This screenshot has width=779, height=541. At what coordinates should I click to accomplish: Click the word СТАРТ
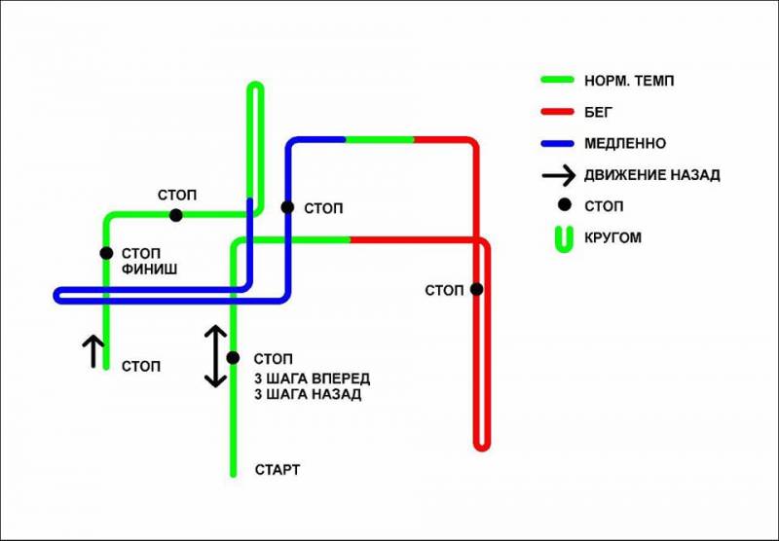(x=278, y=470)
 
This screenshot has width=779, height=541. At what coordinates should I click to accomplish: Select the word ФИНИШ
(x=149, y=270)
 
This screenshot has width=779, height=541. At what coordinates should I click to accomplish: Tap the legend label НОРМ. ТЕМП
(x=629, y=81)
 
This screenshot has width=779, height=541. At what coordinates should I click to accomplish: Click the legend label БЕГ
(x=598, y=112)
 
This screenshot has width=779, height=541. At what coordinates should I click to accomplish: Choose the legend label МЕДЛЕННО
(x=625, y=143)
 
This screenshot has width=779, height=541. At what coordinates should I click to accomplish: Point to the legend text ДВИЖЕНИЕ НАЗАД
(x=651, y=175)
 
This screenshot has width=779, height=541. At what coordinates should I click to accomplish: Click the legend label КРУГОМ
(x=612, y=237)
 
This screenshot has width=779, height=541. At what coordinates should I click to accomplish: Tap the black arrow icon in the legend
(x=558, y=175)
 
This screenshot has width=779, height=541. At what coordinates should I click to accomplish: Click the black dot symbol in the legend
(x=565, y=204)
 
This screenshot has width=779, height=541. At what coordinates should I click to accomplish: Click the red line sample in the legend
(x=557, y=112)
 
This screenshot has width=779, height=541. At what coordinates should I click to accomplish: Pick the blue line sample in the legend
(x=557, y=143)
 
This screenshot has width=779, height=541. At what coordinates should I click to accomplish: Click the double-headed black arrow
(x=216, y=356)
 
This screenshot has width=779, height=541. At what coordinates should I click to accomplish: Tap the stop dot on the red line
(x=476, y=289)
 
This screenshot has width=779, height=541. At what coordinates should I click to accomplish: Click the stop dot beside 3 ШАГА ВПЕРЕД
(x=233, y=357)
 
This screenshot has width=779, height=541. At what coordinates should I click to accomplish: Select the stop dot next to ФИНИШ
(x=106, y=253)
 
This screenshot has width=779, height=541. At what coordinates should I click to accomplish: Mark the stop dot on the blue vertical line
(x=287, y=207)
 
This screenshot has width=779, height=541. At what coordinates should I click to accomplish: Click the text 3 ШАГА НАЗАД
(x=308, y=395)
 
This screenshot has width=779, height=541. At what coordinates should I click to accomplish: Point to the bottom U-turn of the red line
(x=482, y=448)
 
